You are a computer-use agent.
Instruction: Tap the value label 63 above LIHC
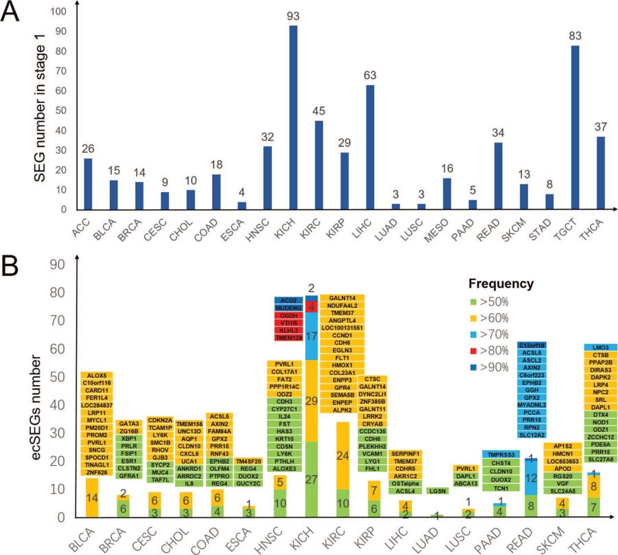pos(370,74)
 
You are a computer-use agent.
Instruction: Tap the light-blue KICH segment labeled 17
pos(311,336)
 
